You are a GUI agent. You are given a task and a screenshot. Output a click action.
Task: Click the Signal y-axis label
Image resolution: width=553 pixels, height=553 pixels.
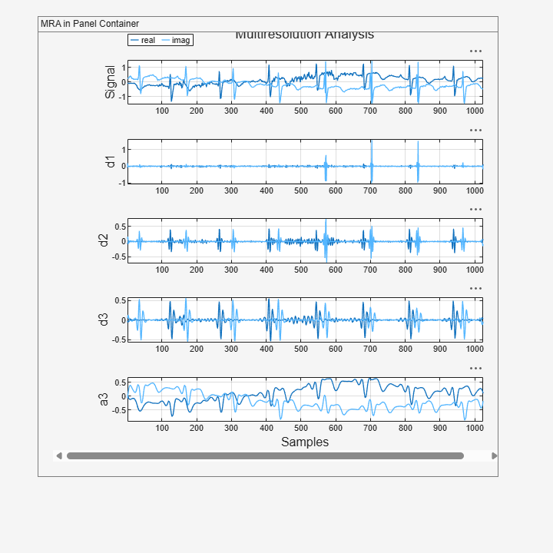pyautogui.click(x=111, y=81)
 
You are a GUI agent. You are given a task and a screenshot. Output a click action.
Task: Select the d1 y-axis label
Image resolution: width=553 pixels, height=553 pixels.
pyautogui.click(x=111, y=161)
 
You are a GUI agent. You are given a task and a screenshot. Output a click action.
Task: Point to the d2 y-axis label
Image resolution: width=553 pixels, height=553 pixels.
pyautogui.click(x=104, y=240)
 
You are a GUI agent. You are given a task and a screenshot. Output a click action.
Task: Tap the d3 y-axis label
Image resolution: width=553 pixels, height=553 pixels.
pyautogui.click(x=104, y=319)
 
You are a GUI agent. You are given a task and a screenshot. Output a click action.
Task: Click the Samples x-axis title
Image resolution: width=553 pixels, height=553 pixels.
pyautogui.click(x=304, y=442)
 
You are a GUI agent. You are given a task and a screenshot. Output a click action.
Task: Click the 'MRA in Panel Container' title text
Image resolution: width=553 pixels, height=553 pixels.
pyautogui.click(x=90, y=24)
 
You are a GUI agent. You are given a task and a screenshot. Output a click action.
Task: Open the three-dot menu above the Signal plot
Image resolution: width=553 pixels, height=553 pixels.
pyautogui.click(x=476, y=51)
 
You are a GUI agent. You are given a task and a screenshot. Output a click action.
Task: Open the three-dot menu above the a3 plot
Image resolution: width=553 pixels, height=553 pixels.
pyautogui.click(x=476, y=368)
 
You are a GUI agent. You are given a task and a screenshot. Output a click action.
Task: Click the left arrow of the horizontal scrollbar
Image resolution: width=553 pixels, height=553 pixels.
pyautogui.click(x=59, y=455)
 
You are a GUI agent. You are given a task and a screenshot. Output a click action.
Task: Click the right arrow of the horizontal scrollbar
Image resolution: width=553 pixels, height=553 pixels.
pyautogui.click(x=494, y=455)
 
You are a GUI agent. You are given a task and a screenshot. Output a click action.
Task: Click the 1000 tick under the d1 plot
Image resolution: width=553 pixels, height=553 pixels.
pyautogui.click(x=474, y=190)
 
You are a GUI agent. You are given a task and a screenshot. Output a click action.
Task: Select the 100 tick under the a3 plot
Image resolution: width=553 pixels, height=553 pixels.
pyautogui.click(x=163, y=428)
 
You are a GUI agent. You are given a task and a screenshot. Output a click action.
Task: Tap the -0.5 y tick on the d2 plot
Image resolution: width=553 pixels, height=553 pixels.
pyautogui.click(x=119, y=257)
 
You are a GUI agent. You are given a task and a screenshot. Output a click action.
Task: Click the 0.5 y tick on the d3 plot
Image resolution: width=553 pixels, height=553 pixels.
pyautogui.click(x=121, y=301)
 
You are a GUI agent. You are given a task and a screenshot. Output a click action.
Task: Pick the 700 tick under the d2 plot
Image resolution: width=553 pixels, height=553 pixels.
pyautogui.click(x=370, y=270)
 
